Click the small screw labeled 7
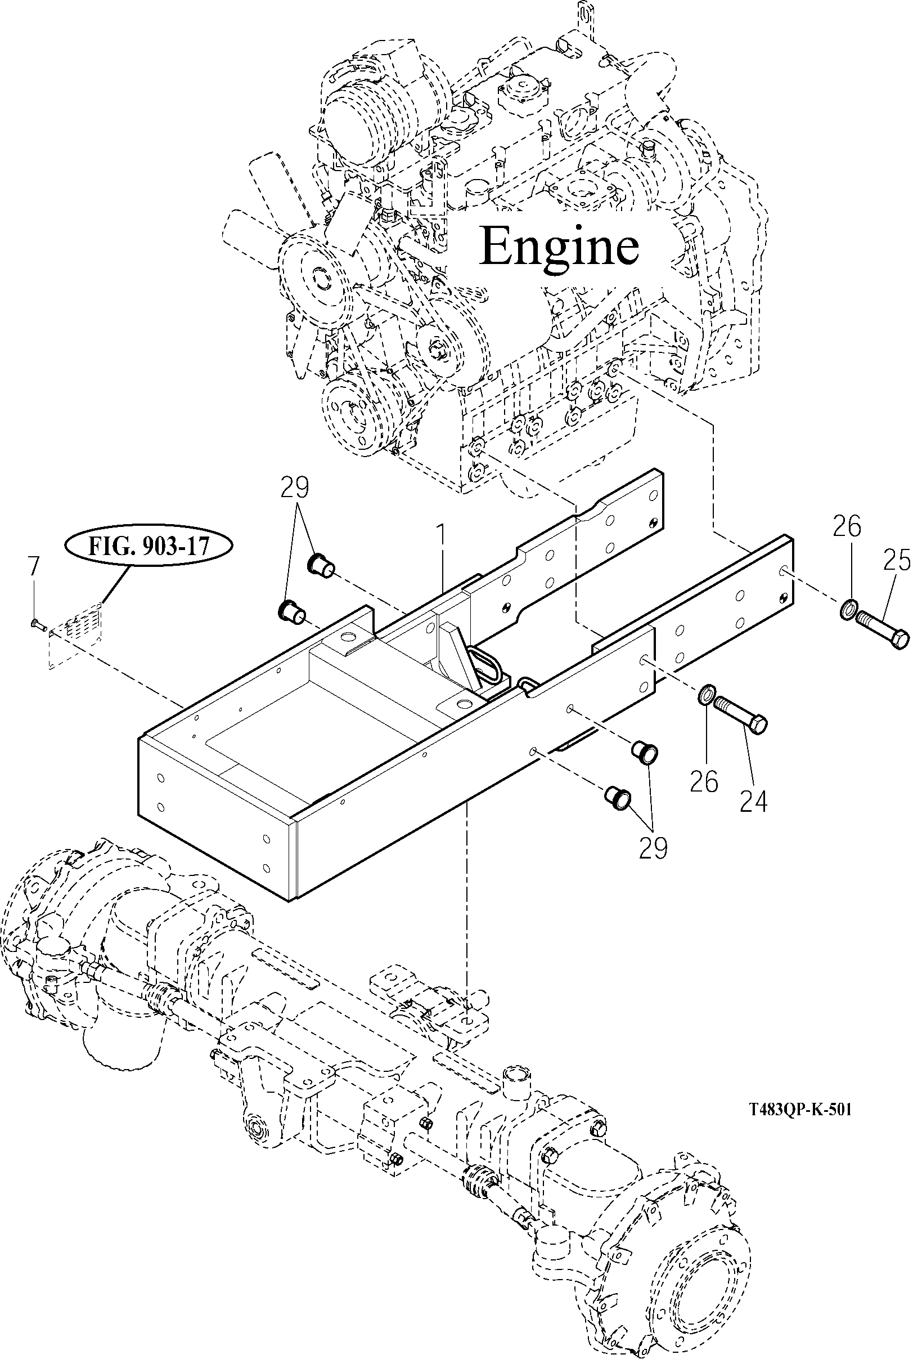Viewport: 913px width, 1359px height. (x=36, y=624)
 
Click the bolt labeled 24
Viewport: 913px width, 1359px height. (x=740, y=715)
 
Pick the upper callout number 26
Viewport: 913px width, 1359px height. (x=847, y=527)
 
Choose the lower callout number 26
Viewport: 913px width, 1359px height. (x=704, y=781)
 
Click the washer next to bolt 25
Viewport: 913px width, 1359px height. (x=848, y=610)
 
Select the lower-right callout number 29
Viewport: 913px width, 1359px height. (x=653, y=848)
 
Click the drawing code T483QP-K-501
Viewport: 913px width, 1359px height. (x=800, y=1110)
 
